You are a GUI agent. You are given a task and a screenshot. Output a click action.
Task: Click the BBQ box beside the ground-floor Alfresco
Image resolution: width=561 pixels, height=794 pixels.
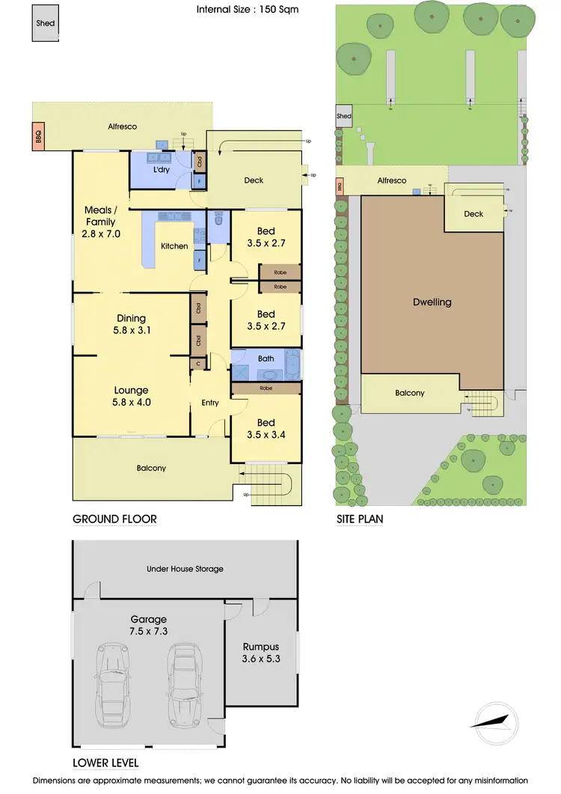coord(39,137)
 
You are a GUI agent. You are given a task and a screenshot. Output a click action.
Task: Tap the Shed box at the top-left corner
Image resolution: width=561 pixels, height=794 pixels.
coord(44,23)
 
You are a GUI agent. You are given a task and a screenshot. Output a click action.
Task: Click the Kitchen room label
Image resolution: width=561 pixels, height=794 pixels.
coord(174,245)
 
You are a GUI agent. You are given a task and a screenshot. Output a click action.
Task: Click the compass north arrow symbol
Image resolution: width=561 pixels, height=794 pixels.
coord(493,721)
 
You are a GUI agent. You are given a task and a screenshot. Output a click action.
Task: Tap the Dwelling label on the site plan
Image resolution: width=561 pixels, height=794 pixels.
coord(432,302)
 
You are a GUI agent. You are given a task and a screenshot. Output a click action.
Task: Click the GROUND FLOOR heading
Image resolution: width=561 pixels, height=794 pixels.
coord(114,519)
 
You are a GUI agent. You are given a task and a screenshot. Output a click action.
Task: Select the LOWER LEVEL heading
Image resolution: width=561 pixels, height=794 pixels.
coord(105,763)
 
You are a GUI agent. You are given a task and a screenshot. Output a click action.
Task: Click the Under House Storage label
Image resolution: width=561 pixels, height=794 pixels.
coord(184,569)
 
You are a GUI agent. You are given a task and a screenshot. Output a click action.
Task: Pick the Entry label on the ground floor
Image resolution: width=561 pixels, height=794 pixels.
coord(210,403)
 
